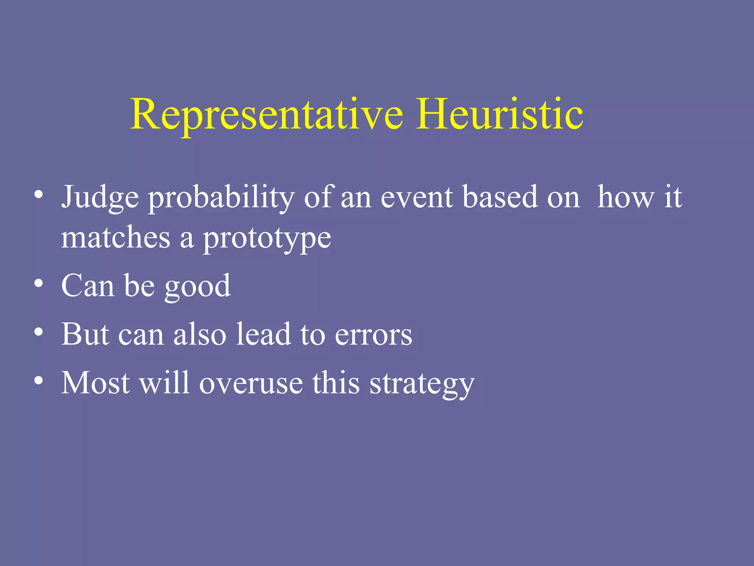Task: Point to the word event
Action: (416, 197)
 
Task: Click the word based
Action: (500, 197)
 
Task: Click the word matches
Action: (116, 238)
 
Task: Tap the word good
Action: (197, 287)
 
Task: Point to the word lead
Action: (263, 334)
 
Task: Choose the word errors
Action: (373, 335)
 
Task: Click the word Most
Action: (95, 383)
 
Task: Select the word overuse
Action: (251, 384)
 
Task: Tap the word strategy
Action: (422, 385)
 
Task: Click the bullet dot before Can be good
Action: (39, 283)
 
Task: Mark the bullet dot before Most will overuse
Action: (39, 381)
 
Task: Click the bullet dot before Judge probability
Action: (39, 194)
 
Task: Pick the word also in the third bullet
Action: (200, 334)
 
